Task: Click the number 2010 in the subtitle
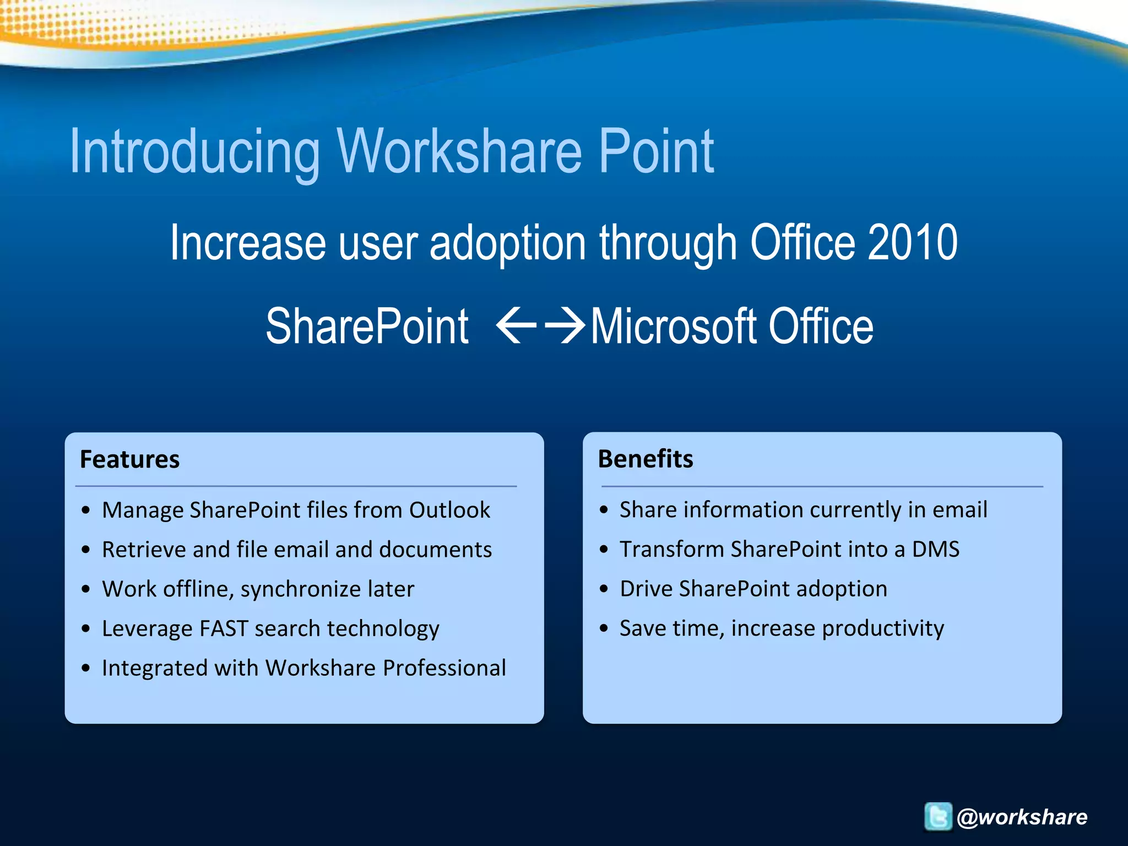click(912, 243)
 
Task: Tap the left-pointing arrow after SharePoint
click(516, 326)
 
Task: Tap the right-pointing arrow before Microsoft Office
click(565, 326)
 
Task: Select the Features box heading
click(129, 459)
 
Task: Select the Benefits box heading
click(646, 459)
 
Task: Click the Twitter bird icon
click(937, 816)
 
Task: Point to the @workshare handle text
click(1022, 817)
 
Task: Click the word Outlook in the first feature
click(449, 510)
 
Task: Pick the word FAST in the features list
click(224, 628)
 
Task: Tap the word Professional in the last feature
click(444, 668)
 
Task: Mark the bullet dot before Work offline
click(85, 589)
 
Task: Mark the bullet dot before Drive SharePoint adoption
click(604, 589)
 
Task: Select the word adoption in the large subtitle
click(507, 243)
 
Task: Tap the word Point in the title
click(656, 151)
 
